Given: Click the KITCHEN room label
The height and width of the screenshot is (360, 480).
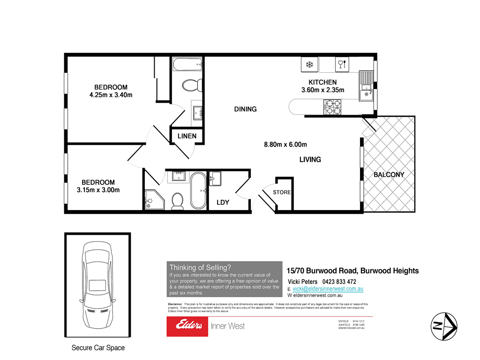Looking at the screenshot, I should coord(322,82).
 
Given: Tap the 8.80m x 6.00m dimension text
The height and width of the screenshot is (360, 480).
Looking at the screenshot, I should coord(285,145).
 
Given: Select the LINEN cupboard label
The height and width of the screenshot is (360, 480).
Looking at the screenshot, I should coord(187,136).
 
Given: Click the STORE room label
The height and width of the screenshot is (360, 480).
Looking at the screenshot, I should coord(282,192).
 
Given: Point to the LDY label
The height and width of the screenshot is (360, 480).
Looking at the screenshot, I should coord(223,202).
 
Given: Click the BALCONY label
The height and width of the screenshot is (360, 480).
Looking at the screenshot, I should coord(389,175).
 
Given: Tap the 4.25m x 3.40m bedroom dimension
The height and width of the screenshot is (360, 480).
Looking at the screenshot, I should coord(111,95).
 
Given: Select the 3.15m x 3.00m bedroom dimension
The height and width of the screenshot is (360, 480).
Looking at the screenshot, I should coord(98,190).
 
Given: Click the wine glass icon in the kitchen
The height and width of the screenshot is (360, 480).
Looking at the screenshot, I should coord(341,64).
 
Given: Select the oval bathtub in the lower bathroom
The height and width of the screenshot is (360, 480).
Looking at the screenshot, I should coord(197,191).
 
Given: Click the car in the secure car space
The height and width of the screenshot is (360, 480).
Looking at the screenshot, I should coord(97,285).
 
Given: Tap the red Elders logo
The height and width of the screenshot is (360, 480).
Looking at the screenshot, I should coord(188,326).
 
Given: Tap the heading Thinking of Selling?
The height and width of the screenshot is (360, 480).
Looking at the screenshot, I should coord(200,267).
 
